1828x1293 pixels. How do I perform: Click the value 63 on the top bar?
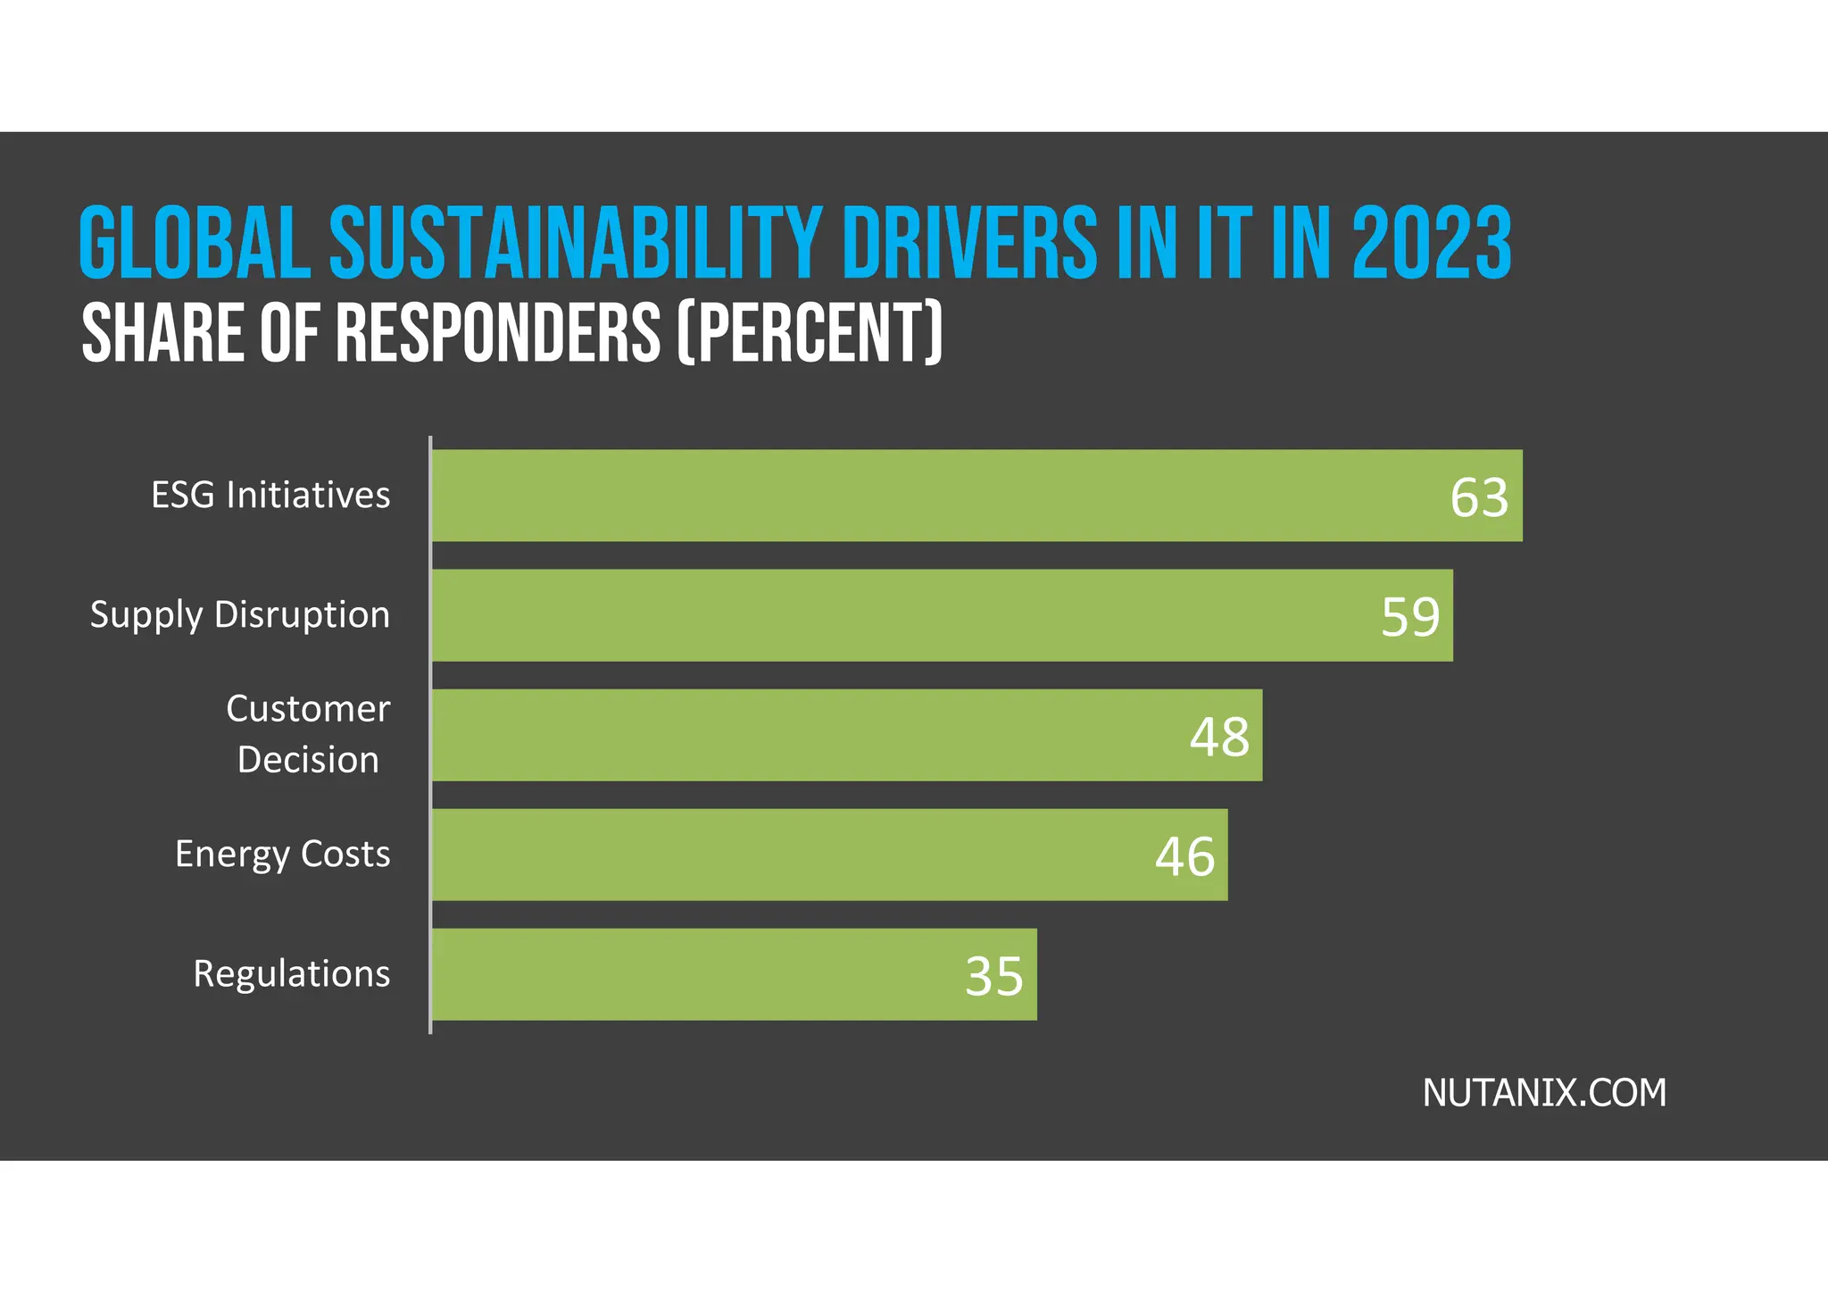[x=1479, y=497]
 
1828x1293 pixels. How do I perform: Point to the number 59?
[x=1410, y=617]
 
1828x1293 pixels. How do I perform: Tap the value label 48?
[x=1219, y=737]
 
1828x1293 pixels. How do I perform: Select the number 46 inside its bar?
[x=1184, y=856]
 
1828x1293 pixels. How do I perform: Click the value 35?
[x=993, y=976]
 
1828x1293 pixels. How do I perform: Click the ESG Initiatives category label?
[x=270, y=495]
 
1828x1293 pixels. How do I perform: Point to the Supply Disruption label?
[x=240, y=614]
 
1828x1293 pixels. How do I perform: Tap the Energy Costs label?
[x=282, y=854]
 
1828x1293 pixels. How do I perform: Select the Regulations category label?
[x=291, y=973]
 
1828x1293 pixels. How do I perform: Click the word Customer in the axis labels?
[x=308, y=709]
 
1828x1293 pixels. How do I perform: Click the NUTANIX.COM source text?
[x=1544, y=1093]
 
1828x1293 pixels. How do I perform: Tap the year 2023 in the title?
[x=1432, y=243]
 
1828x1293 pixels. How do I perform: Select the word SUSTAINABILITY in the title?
[x=575, y=243]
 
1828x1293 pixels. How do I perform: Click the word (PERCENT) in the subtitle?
[x=810, y=332]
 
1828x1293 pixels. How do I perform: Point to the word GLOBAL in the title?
[x=195, y=243]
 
